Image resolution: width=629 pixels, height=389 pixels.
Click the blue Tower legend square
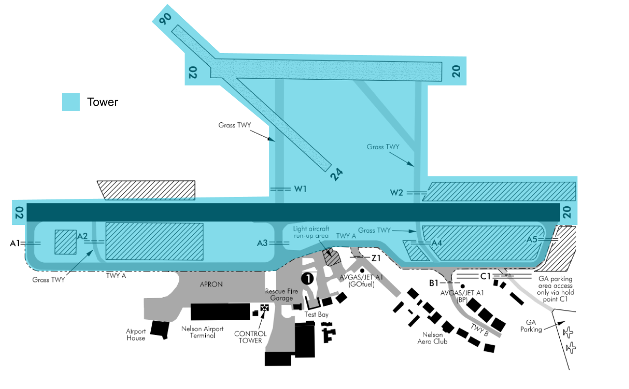[x=71, y=102]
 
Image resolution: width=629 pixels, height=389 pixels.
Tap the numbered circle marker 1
[x=307, y=279]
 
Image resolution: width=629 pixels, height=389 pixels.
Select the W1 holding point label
[x=300, y=189]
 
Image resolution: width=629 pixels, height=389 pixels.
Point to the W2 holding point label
[x=396, y=193]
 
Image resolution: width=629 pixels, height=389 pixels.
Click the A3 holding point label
[x=262, y=243]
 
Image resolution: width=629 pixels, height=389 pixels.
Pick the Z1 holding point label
[x=376, y=258]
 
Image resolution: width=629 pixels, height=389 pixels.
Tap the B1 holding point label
[x=434, y=283]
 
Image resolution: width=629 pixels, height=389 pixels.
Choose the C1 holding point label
[x=485, y=277]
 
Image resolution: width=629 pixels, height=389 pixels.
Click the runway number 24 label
[x=336, y=174]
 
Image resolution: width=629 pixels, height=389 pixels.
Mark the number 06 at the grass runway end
[x=165, y=19]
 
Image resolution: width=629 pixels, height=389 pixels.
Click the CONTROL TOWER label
[x=250, y=337]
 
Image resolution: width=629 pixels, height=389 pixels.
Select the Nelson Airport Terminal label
[x=202, y=332]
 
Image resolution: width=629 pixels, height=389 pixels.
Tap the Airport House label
[x=136, y=334]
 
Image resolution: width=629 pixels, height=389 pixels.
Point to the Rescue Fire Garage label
[x=282, y=295]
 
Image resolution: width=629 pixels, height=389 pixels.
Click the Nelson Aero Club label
[x=433, y=338]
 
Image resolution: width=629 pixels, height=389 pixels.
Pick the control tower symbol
[x=264, y=308]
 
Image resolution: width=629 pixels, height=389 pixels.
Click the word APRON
[x=211, y=284]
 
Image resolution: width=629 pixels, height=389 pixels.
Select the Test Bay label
[x=317, y=314]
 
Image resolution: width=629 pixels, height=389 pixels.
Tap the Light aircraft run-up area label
[x=311, y=232]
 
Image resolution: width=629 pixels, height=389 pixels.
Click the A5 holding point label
[x=532, y=240]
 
